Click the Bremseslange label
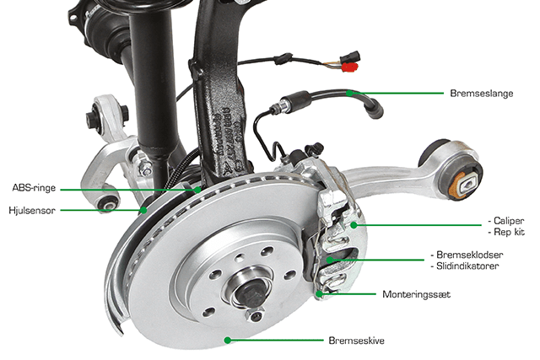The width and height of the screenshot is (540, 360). click(482, 94)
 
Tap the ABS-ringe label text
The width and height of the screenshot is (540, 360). click(34, 187)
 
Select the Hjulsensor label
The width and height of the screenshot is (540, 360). click(32, 210)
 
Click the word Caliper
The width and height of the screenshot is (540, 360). click(509, 221)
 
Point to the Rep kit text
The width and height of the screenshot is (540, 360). click(509, 232)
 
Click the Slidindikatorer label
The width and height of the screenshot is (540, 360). click(467, 266)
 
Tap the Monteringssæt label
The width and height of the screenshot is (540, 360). click(416, 294)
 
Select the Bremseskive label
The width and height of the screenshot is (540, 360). click(356, 341)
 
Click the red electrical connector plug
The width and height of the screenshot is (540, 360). click(349, 67)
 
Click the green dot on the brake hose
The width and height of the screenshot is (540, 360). click(349, 93)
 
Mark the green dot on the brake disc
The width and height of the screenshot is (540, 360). click(227, 340)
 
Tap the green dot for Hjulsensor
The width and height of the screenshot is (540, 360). click(143, 210)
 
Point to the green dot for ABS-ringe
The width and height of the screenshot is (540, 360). click(197, 190)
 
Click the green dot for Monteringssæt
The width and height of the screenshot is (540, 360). click(319, 294)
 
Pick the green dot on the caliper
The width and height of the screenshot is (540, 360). click(354, 225)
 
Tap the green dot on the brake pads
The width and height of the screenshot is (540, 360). click(329, 260)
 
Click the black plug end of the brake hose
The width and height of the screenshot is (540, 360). click(375, 110)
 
